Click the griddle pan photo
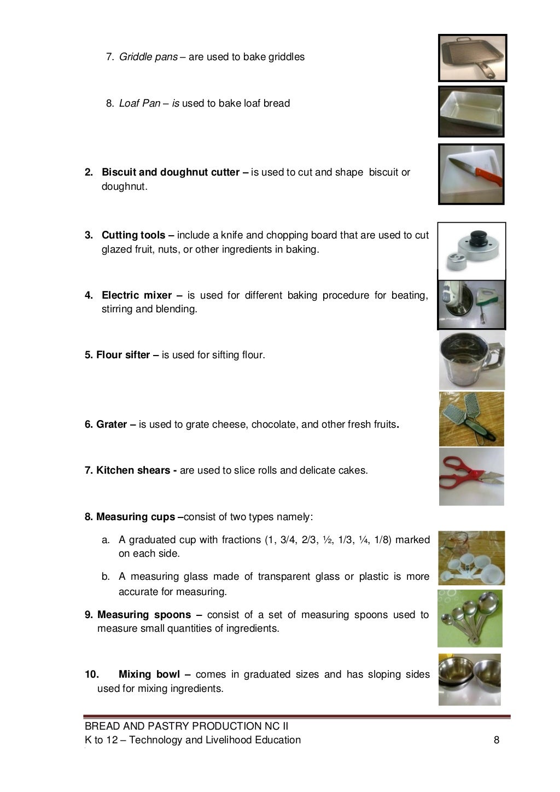tap(472, 57)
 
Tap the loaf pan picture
tap(471, 112)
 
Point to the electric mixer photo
tap(471, 304)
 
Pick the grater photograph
tap(471, 420)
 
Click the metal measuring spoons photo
tap(470, 618)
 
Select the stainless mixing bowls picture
tap(470, 679)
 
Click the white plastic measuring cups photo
tap(471, 558)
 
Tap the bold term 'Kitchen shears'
tap(133, 470)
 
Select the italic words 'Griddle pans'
tap(148, 57)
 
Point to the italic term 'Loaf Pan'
tap(140, 103)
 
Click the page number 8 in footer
tap(496, 740)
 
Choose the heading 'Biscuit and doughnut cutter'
tap(171, 172)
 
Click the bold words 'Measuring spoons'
tap(144, 615)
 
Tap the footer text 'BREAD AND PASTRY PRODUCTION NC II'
tap(186, 726)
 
